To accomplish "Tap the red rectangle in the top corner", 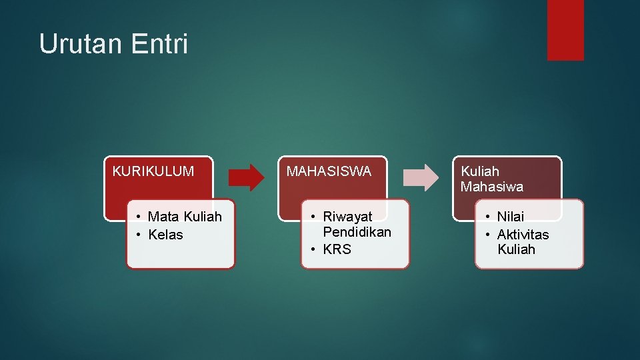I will click(565, 30).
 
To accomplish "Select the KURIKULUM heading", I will click(153, 171).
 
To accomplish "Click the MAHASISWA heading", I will click(329, 171).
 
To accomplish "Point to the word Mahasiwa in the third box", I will click(491, 187).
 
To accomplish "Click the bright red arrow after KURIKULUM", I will click(246, 177).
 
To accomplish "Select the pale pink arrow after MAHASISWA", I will click(421, 177).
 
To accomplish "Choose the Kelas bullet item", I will click(165, 235).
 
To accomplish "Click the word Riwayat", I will click(347, 217).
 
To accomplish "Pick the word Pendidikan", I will click(357, 232).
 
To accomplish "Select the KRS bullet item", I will click(337, 249).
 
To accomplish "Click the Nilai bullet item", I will click(511, 217).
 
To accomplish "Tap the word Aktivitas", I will click(523, 235).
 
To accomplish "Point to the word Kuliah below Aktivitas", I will click(516, 249).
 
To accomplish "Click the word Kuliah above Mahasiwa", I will click(479, 171).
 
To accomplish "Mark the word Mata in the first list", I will click(162, 217).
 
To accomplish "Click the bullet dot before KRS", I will click(312, 249).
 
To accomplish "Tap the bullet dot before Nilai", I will click(487, 217).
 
